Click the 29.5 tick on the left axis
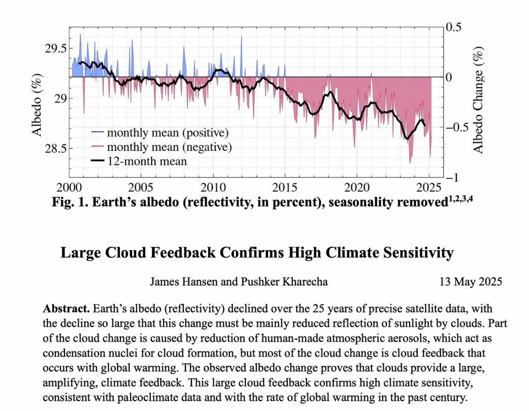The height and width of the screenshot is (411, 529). [x=56, y=49]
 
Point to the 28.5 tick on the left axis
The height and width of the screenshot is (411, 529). [x=56, y=149]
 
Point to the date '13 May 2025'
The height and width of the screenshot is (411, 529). [x=471, y=282]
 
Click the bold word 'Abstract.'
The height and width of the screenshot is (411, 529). [x=66, y=309]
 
